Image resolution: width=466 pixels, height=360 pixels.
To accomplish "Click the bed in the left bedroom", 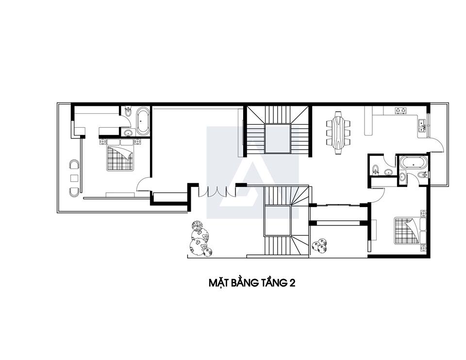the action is tap(120, 154).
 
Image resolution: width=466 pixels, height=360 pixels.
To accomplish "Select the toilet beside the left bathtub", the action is tap(128, 111).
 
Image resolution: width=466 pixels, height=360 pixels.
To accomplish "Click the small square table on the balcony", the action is tap(74, 178).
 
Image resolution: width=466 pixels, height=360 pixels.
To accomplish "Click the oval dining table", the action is tap(338, 133).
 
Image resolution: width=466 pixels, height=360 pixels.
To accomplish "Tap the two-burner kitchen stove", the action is tap(400, 111).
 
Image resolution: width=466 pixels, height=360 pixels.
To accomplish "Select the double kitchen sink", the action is tap(422, 125).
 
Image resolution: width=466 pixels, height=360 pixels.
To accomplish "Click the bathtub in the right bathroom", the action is tap(413, 162).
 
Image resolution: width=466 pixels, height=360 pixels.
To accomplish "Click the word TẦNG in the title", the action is tap(269, 282).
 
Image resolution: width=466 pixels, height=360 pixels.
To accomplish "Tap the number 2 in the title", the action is tap(292, 283).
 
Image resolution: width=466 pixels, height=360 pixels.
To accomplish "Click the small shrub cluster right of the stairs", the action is tap(319, 246).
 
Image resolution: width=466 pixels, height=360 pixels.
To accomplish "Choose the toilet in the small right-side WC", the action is tap(375, 169).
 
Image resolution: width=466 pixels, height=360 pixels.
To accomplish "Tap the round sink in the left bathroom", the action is tap(129, 133).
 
